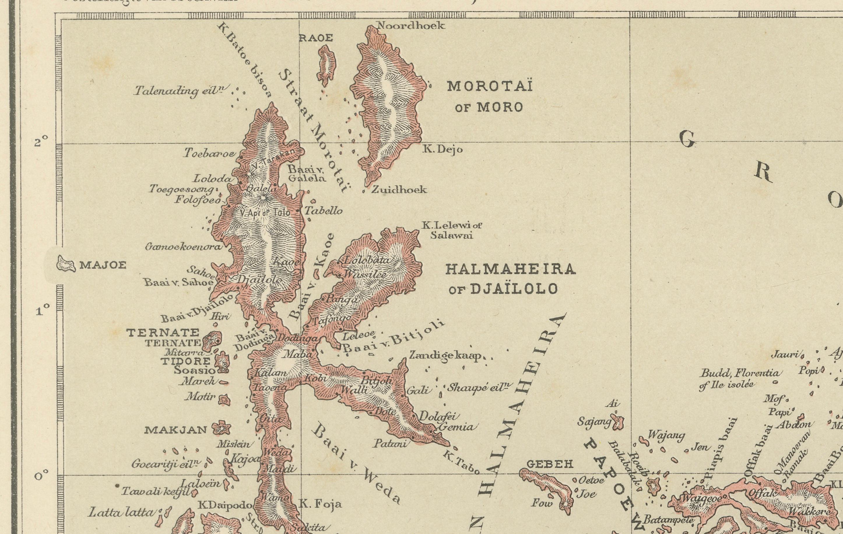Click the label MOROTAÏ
[x=489, y=86]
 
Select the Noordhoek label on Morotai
[x=410, y=26]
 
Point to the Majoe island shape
[x=66, y=264]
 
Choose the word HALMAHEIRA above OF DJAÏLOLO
[x=510, y=269]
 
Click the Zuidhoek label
[x=399, y=190]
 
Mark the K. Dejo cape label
[x=443, y=150]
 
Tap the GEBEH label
[x=550, y=464]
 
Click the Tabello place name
[x=323, y=211]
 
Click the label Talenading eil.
[x=181, y=91]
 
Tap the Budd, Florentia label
[x=740, y=374]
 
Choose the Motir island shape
[x=224, y=399]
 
